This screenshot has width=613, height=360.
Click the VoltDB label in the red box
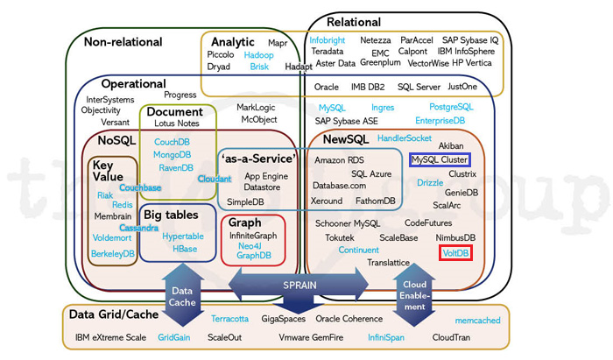pyautogui.click(x=456, y=253)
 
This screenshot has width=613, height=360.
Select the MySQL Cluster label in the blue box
pyautogui.click(x=440, y=159)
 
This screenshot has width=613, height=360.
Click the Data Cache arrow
pyautogui.click(x=182, y=296)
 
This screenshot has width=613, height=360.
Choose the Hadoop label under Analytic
pyautogui.click(x=259, y=54)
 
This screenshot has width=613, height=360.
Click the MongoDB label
pyautogui.click(x=172, y=155)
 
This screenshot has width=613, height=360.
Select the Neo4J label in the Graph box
pyautogui.click(x=255, y=246)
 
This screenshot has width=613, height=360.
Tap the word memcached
pyautogui.click(x=477, y=321)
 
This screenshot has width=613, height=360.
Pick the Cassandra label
pyautogui.click(x=139, y=228)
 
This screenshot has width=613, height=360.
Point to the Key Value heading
pyautogui.click(x=108, y=170)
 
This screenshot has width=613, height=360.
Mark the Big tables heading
pyautogui.click(x=171, y=215)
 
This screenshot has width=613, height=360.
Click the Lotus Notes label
pyautogui.click(x=176, y=124)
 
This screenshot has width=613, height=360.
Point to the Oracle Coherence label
pyautogui.click(x=349, y=319)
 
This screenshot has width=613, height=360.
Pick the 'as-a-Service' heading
pyautogui.click(x=258, y=159)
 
